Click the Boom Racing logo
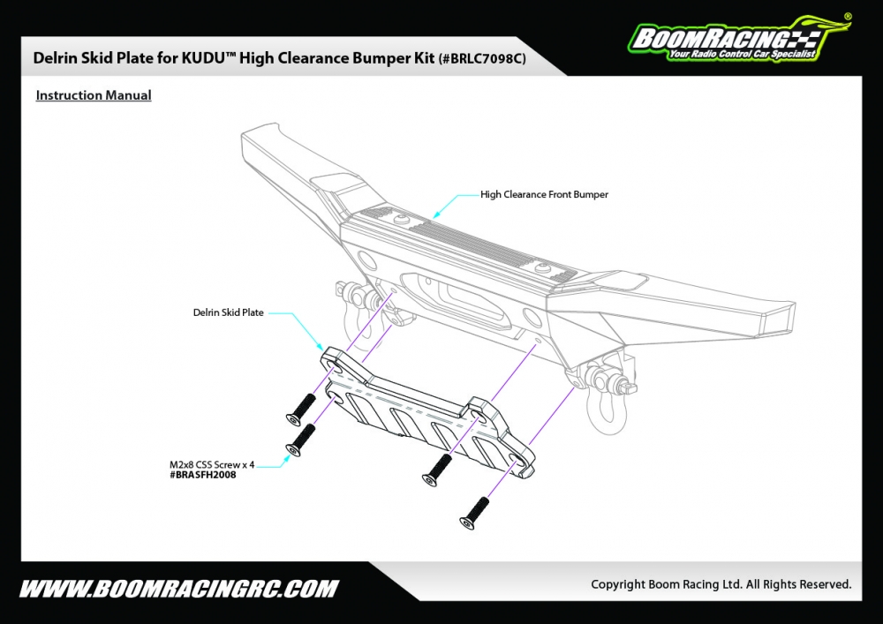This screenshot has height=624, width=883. [733, 41]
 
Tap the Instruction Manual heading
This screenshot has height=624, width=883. [94, 95]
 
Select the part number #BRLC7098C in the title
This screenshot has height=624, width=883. [483, 58]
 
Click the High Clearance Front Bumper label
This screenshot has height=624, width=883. [544, 194]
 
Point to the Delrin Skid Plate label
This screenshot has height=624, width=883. [229, 312]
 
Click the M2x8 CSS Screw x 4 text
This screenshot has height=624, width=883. [212, 464]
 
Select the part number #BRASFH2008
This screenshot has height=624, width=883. [202, 475]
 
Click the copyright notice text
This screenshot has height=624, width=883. [721, 584]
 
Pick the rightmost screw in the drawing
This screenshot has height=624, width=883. [473, 514]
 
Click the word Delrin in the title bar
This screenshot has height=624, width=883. [54, 58]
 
